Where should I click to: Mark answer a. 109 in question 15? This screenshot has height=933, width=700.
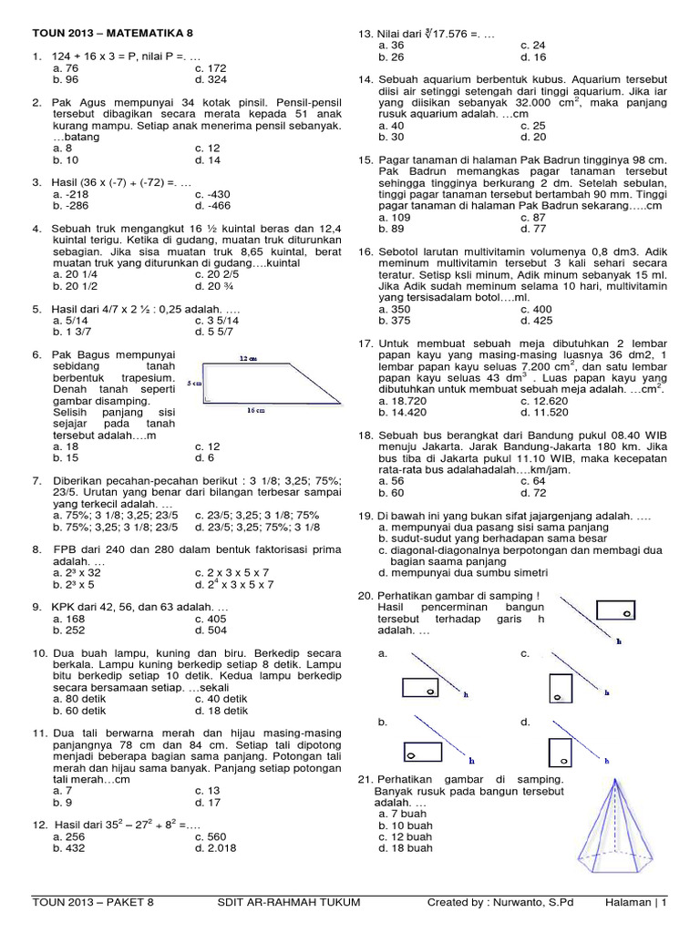(395, 218)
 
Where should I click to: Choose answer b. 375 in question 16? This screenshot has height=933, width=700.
(395, 321)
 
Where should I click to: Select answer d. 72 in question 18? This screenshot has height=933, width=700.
(537, 492)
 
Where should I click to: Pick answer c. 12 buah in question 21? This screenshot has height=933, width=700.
(406, 836)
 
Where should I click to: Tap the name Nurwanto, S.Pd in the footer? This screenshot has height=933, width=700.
(530, 903)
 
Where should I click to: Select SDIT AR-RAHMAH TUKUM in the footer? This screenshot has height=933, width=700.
(289, 903)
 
